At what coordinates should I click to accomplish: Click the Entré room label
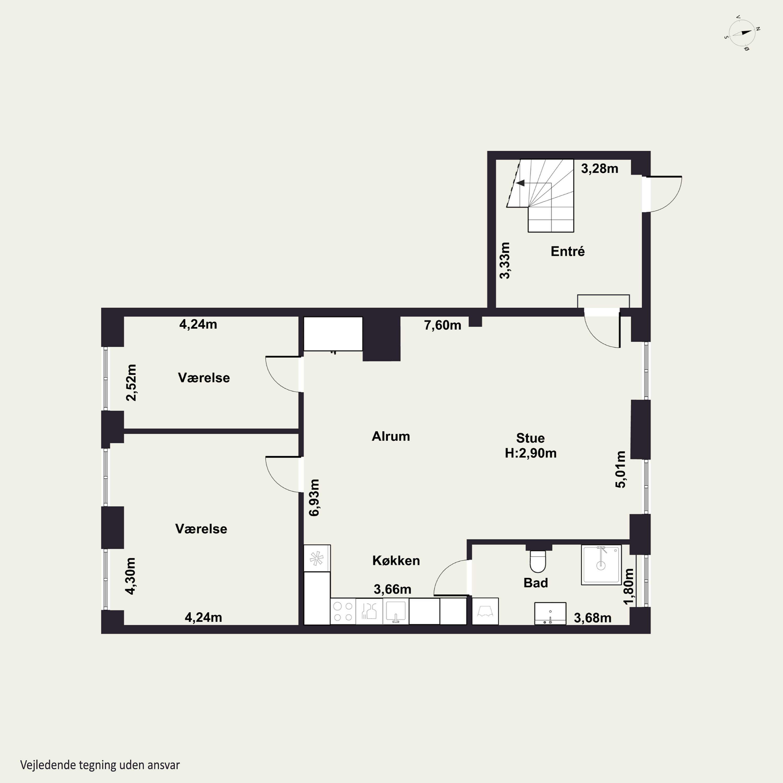(567, 252)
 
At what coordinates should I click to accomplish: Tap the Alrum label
(391, 436)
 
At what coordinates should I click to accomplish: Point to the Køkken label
(396, 561)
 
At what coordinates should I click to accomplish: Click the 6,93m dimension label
(314, 498)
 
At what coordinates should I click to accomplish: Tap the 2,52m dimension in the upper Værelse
(131, 383)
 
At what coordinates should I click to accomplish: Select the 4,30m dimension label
(130, 576)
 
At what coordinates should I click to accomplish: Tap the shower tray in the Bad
(601, 565)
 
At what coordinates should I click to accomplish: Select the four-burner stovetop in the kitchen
(343, 612)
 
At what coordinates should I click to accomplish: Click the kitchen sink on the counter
(396, 612)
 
